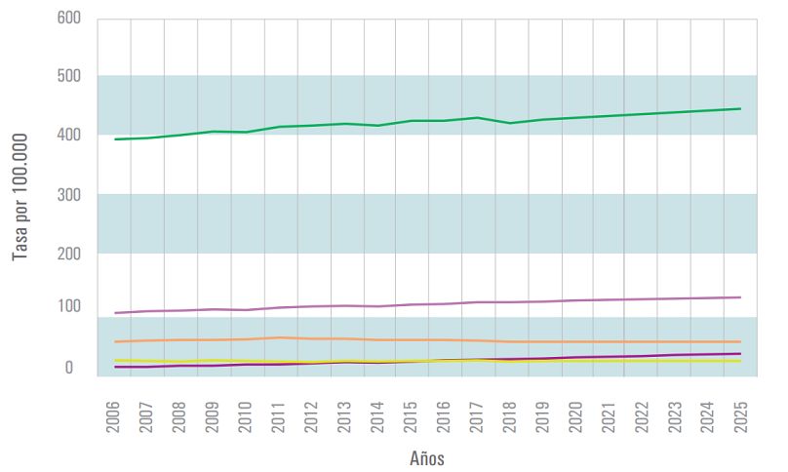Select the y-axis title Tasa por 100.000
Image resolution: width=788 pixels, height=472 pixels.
(x=20, y=196)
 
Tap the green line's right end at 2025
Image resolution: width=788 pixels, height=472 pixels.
(x=740, y=108)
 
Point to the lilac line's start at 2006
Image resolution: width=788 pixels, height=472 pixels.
(x=116, y=313)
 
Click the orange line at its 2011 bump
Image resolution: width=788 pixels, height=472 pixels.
(x=280, y=337)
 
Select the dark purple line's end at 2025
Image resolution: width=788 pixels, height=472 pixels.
(x=740, y=354)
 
